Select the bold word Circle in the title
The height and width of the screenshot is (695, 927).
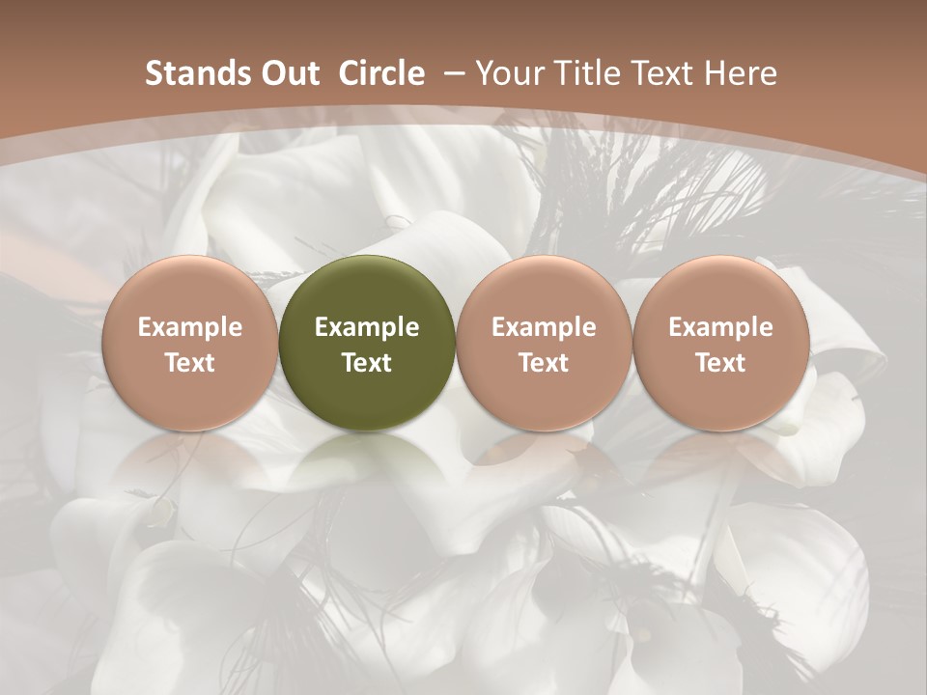click(x=381, y=73)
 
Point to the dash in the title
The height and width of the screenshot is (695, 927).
click(x=453, y=73)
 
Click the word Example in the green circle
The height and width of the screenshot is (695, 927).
click(x=367, y=327)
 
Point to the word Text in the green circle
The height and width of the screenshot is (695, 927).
click(x=367, y=363)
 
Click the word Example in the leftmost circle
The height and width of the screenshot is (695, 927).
click(x=189, y=327)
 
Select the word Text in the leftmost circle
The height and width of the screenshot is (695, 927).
click(x=189, y=363)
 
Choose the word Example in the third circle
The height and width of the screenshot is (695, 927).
click(x=544, y=327)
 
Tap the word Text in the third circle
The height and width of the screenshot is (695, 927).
click(x=544, y=363)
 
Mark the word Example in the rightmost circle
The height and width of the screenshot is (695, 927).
click(x=721, y=327)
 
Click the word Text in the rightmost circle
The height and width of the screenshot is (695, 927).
click(x=721, y=363)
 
